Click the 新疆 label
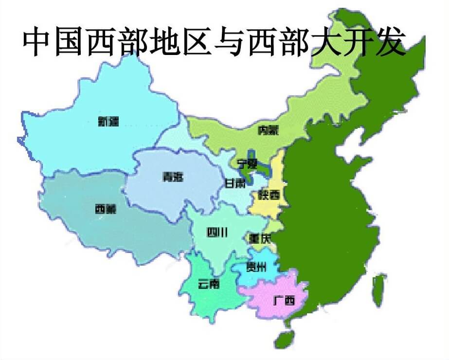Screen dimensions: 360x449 click(108, 122)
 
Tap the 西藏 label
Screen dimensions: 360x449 click(106, 210)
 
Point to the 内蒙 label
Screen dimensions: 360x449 click(269, 130)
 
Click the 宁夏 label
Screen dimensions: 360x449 click(247, 163)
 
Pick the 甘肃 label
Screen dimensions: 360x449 click(235, 183)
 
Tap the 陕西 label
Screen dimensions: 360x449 click(269, 196)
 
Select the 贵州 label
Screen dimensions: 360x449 click(257, 267)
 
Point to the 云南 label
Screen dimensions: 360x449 click(209, 284)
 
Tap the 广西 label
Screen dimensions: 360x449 click(284, 301)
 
